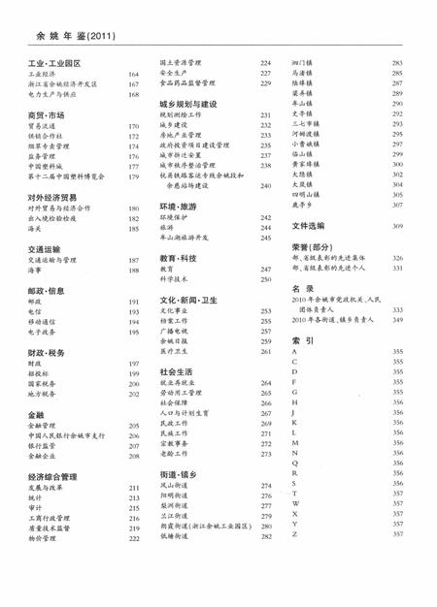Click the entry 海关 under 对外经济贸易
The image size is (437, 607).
click(x=36, y=229)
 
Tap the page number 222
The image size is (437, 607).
click(x=133, y=536)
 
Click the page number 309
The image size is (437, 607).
click(x=397, y=226)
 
